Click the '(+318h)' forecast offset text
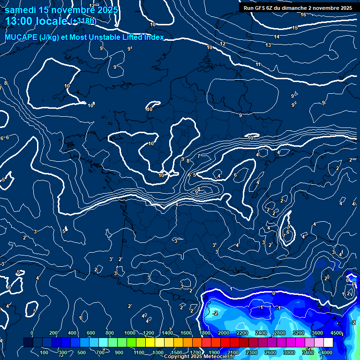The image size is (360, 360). tap(83, 21)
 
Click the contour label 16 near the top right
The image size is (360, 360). tap(303, 15)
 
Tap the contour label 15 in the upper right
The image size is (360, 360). tap(295, 28)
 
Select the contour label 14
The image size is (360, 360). tap(277, 37)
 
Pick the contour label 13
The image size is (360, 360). tap(268, 45)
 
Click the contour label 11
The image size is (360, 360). tap(258, 64)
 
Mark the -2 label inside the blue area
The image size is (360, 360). tap(215, 313)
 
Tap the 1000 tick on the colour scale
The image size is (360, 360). tap(130, 333)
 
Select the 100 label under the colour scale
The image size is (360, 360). tap(45, 352)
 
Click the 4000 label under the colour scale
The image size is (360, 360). tap(326, 352)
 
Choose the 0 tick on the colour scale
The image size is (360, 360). tap(32, 333)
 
